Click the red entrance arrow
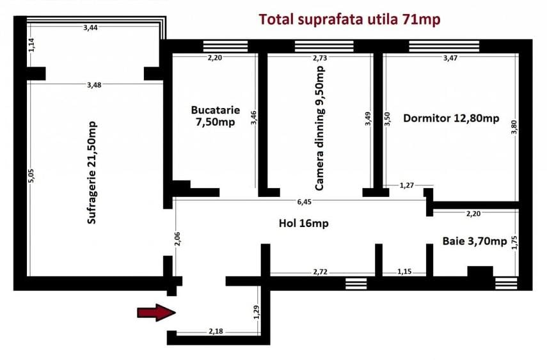(156, 312)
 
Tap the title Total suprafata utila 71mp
(349, 20)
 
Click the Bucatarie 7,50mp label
(215, 116)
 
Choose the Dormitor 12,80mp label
(451, 118)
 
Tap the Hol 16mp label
(303, 223)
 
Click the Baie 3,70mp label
(474, 241)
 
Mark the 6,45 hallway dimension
(304, 202)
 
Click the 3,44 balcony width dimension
(91, 27)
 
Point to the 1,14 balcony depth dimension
(30, 44)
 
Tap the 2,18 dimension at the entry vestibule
(216, 331)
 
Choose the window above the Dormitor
(443, 46)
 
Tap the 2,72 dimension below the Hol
(321, 272)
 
